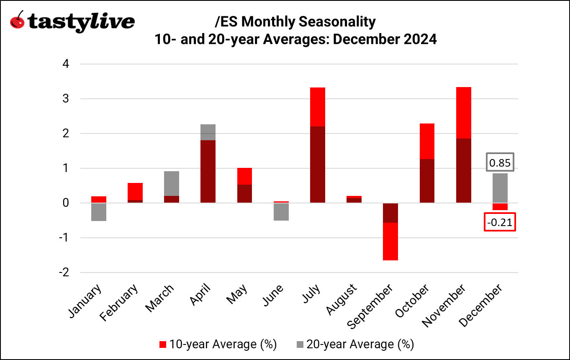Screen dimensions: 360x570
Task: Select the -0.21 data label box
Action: (500, 222)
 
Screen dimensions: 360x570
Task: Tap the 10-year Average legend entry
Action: (218, 344)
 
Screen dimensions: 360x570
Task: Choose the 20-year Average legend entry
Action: (354, 344)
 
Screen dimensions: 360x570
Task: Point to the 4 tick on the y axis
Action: (66, 64)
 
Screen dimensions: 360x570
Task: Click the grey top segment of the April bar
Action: (208, 132)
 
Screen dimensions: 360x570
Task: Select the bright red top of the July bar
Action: (318, 107)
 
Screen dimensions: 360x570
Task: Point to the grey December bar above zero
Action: (500, 188)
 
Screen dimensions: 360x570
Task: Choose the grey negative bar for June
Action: (281, 212)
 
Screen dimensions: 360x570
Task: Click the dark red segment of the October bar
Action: (427, 181)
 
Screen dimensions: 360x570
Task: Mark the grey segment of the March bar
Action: (171, 183)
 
